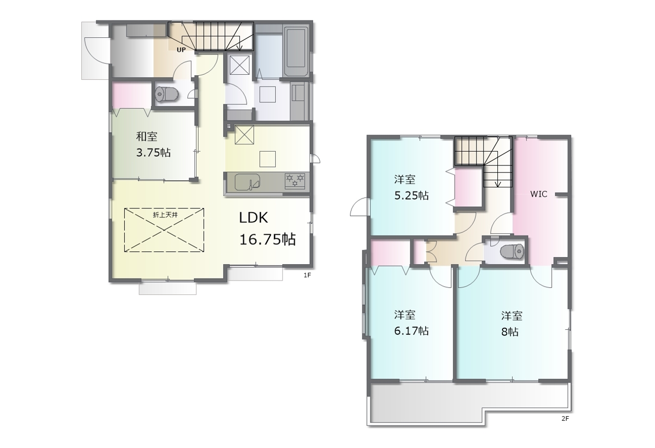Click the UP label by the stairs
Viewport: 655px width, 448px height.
tap(181, 50)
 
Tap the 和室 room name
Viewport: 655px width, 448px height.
tap(147, 136)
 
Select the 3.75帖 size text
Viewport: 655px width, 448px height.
tap(154, 153)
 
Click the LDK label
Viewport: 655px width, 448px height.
tap(253, 218)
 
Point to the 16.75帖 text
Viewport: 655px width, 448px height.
tap(268, 240)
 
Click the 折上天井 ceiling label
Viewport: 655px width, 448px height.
tap(165, 215)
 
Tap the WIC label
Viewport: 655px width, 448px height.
tap(539, 194)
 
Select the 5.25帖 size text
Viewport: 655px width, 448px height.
tap(411, 195)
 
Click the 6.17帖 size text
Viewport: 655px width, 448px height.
tap(411, 331)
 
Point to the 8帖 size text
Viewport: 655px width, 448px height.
tap(510, 332)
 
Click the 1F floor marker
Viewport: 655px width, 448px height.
tap(307, 275)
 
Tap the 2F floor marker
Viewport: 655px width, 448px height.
tap(565, 419)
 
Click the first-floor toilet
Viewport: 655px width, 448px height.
tap(167, 94)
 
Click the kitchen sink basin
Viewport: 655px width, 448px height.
tap(247, 182)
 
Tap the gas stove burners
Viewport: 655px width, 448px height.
tap(295, 180)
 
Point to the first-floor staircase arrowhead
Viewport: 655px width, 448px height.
tap(239, 48)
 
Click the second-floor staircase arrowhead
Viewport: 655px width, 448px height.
tap(498, 184)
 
